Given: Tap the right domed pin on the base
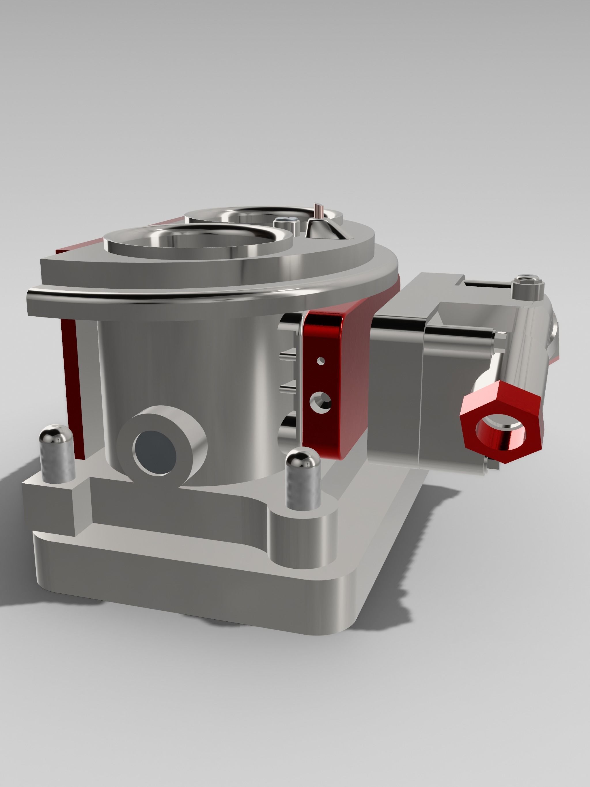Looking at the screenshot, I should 303,477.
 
